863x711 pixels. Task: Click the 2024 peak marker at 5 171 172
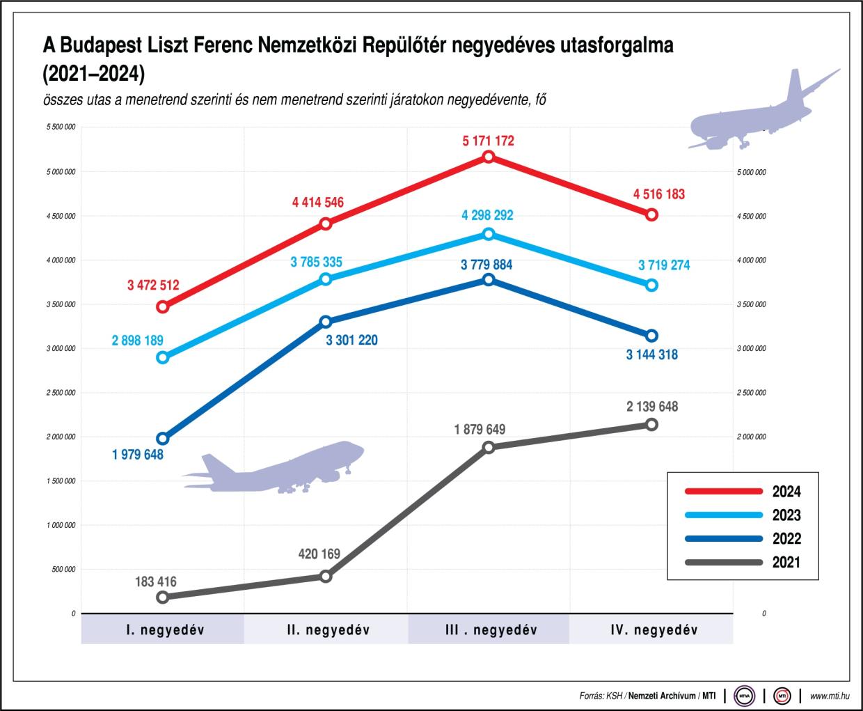click(x=489, y=157)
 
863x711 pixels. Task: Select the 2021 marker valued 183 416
click(x=163, y=597)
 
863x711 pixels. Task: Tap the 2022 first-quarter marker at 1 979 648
click(x=163, y=438)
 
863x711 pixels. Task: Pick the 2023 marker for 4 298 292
click(x=489, y=234)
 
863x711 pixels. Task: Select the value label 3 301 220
click(x=352, y=341)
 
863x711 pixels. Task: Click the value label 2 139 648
click(x=652, y=407)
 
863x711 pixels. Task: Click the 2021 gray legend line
click(x=724, y=562)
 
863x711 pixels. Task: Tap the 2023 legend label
click(x=786, y=515)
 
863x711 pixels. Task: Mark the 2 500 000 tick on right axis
click(x=751, y=393)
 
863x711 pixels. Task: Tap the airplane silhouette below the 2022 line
click(x=278, y=468)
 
